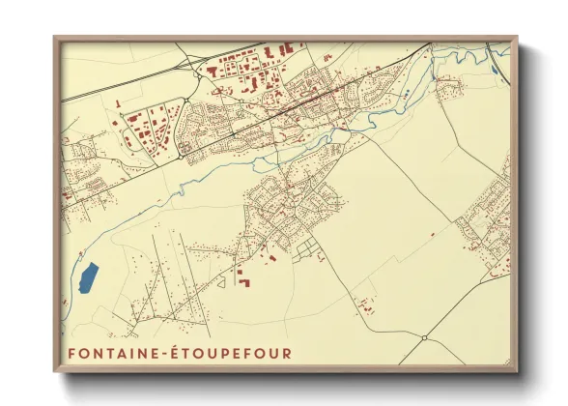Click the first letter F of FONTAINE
(71, 354)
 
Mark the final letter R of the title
(286, 354)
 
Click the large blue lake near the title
(88, 278)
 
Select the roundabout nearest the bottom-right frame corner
(424, 338)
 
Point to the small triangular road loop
(221, 280)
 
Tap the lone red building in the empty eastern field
(432, 233)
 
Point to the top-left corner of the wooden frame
(55, 38)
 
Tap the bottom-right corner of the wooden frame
(517, 371)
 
